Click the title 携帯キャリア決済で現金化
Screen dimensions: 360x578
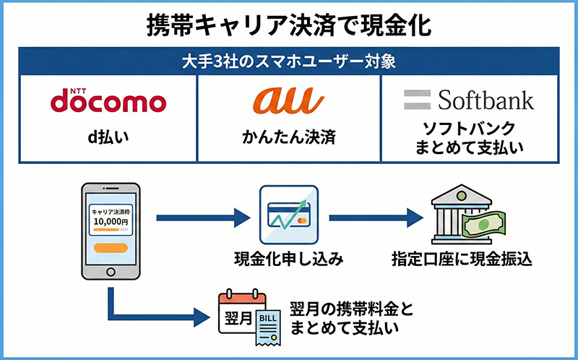pos(288,23)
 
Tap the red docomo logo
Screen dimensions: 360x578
pos(108,100)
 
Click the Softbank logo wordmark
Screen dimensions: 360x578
pos(470,99)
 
